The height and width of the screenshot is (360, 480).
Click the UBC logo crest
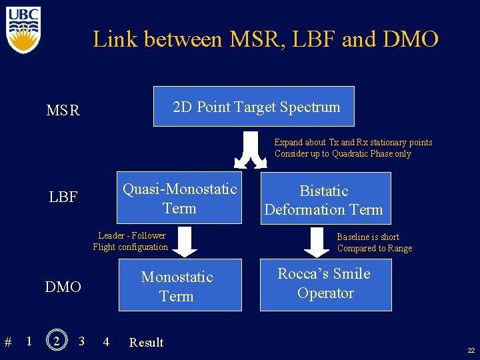24,30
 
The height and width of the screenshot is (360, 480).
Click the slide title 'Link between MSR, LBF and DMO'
265,39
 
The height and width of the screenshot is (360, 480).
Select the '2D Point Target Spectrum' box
254,107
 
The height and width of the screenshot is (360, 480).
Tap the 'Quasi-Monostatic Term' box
179,198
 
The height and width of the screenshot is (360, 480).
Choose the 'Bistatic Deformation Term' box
324,199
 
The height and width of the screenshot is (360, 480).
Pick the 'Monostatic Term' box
179,286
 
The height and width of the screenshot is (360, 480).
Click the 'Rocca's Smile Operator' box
325,283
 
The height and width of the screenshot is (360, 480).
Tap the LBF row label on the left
63,197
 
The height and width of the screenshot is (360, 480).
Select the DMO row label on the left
63,287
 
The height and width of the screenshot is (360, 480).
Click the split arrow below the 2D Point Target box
251,151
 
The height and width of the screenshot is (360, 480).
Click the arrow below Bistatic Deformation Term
317,242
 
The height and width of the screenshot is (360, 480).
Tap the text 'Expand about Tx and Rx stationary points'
353,142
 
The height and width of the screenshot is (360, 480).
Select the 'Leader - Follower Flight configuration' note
131,241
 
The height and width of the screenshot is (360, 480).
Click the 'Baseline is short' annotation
368,237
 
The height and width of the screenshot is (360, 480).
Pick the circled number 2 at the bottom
57,341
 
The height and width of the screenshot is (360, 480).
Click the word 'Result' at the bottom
146,343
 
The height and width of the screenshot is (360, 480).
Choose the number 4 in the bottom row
106,342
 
